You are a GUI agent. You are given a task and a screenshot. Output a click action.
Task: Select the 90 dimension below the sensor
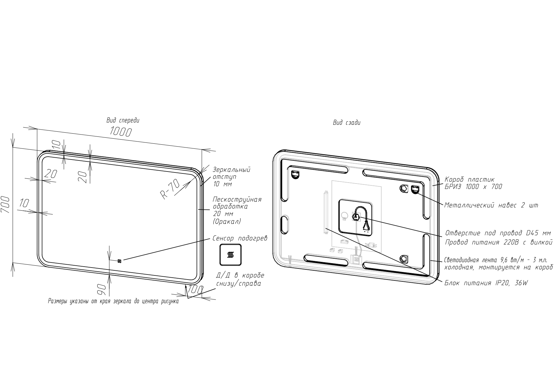(101, 289)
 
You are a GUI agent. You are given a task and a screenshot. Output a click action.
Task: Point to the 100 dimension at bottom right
(195, 290)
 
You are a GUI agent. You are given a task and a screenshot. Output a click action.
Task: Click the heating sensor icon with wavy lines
(230, 255)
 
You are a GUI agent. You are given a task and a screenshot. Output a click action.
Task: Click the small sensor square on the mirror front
(119, 261)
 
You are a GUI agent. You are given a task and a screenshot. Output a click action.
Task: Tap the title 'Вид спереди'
(123, 120)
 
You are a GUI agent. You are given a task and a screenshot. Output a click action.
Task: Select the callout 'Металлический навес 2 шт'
(491, 205)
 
